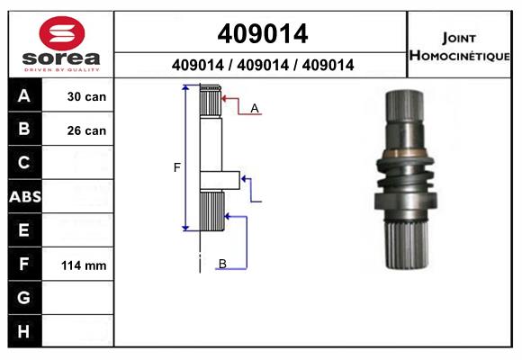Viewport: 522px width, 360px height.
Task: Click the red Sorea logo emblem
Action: (x=62, y=33)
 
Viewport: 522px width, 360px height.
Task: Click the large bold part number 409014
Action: (x=263, y=33)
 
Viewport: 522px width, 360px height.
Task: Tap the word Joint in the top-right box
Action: (x=459, y=39)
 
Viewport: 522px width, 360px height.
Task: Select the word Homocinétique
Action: (x=459, y=55)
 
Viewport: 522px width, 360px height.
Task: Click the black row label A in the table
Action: (x=24, y=96)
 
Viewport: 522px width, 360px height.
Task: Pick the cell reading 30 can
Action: (x=86, y=96)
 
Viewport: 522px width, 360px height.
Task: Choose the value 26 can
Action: (x=86, y=130)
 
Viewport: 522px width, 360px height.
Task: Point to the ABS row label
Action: (x=25, y=196)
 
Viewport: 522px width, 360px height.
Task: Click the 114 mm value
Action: (x=84, y=265)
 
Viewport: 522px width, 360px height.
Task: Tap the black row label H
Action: (x=23, y=331)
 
